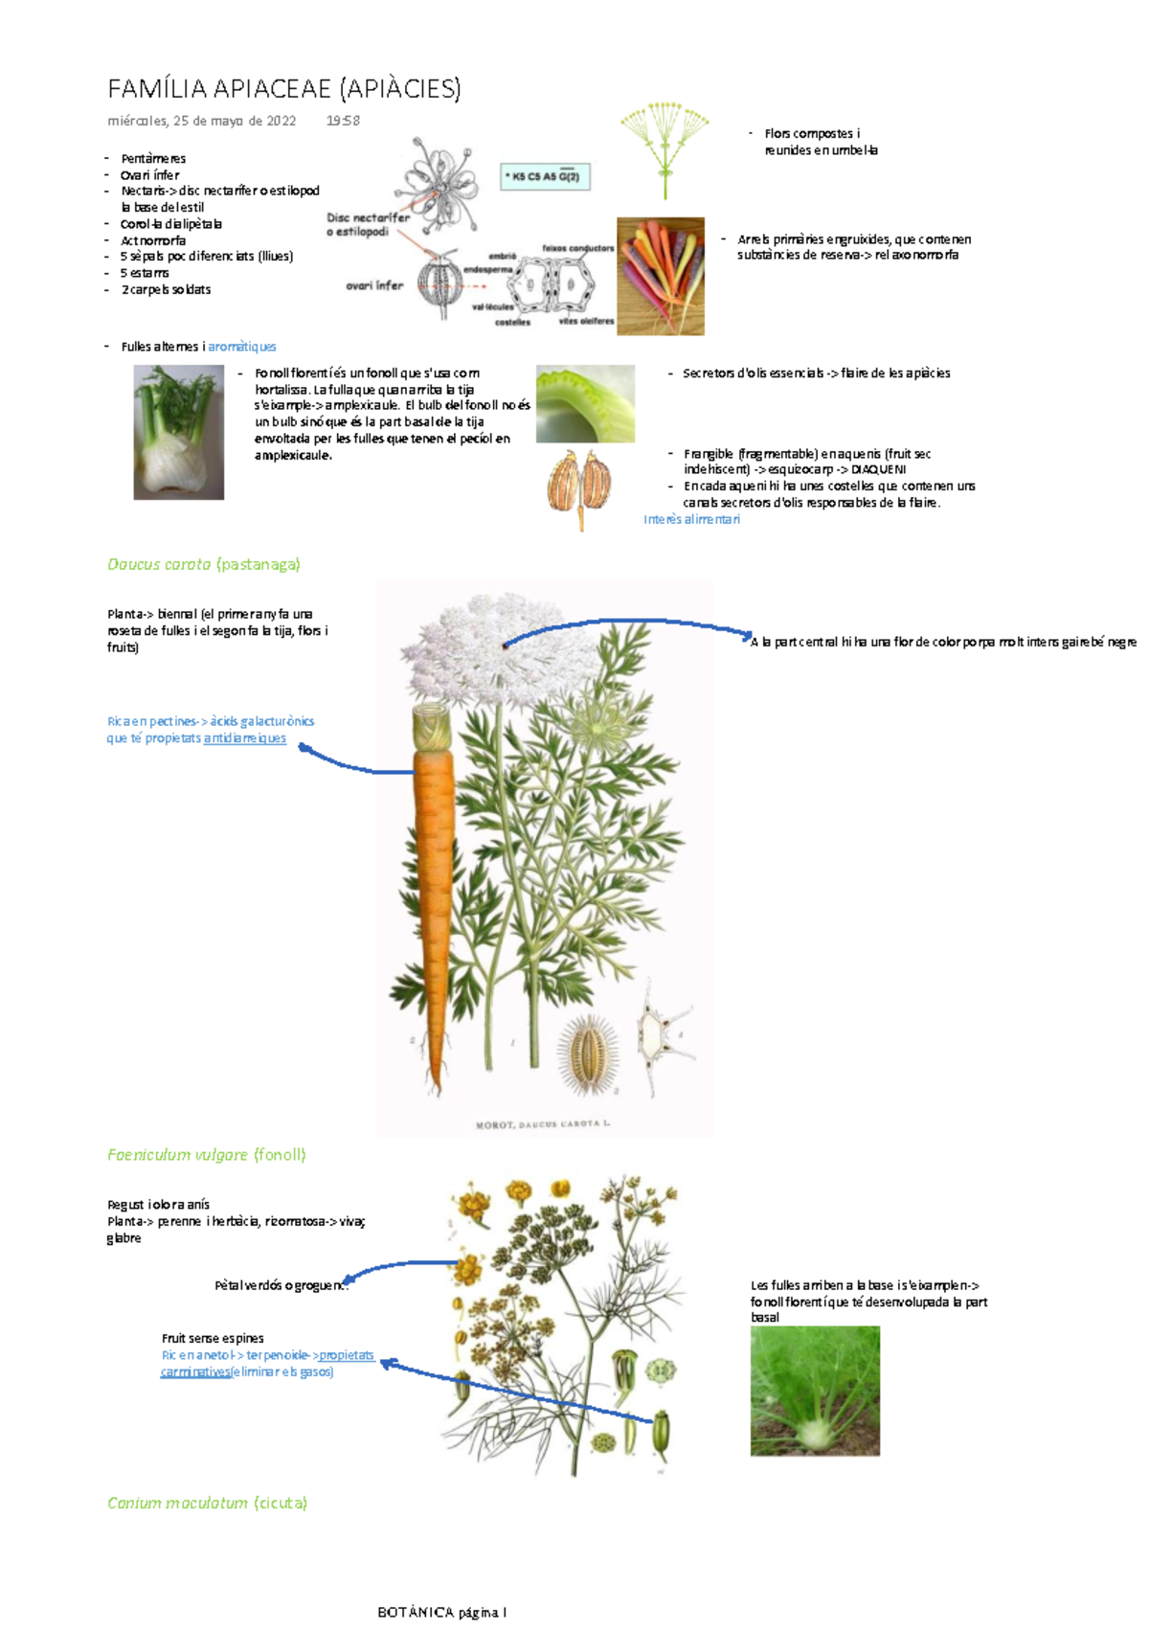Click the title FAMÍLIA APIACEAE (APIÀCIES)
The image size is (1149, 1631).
tap(284, 89)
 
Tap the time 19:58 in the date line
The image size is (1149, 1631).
tap(343, 121)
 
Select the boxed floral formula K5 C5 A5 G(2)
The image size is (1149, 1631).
tap(544, 176)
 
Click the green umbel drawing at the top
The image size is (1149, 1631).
tap(665, 144)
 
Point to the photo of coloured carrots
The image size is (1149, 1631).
tap(660, 276)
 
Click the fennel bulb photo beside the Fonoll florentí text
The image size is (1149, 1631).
tap(178, 432)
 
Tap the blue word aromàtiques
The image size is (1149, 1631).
tap(241, 347)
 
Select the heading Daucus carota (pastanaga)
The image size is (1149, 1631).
tap(204, 564)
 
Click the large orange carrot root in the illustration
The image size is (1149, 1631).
tap(433, 891)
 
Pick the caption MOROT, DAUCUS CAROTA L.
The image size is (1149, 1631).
tap(542, 1124)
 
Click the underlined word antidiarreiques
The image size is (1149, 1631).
tap(244, 738)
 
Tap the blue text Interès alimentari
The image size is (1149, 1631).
tap(691, 519)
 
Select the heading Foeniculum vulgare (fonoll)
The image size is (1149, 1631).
tap(207, 1155)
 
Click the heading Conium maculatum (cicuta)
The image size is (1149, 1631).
tap(207, 1503)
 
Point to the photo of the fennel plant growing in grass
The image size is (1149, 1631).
tap(815, 1391)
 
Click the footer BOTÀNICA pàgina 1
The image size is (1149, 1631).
tap(441, 1612)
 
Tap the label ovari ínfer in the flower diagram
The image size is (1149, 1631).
tap(374, 285)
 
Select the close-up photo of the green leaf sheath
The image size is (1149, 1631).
tap(585, 403)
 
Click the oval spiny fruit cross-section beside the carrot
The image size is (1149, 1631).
tap(588, 1053)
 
